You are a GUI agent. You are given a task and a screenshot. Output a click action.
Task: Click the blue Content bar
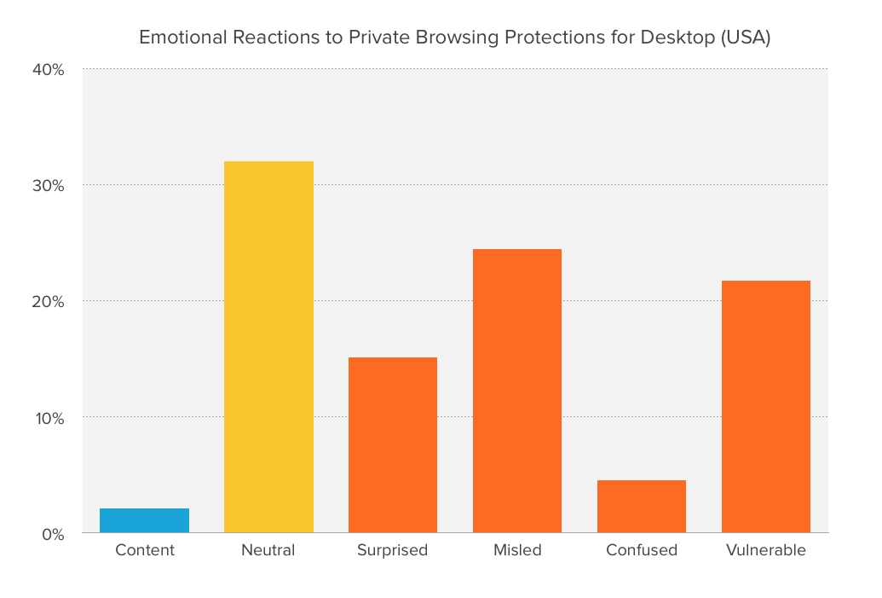144,520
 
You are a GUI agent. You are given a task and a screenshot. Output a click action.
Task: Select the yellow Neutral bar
268,347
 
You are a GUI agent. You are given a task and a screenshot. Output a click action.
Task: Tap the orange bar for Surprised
393,445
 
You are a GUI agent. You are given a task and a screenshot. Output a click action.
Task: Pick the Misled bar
517,391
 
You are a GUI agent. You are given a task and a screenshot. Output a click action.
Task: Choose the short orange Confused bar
642,507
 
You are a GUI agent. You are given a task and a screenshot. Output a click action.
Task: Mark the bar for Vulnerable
766,407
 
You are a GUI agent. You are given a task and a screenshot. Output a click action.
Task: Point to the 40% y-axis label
49,70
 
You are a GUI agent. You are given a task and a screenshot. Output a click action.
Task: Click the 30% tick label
49,186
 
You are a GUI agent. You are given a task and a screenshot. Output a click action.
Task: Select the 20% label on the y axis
49,302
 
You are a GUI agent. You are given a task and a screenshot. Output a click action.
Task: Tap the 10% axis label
49,418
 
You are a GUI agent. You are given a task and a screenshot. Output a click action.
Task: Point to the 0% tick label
52,534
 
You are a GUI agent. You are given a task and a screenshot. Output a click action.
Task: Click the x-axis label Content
145,550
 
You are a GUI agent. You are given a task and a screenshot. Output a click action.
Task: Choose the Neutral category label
268,550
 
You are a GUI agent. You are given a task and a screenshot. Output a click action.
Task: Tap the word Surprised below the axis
393,550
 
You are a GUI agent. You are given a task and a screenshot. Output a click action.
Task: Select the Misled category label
517,550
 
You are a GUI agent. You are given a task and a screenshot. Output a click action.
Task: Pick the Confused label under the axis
642,550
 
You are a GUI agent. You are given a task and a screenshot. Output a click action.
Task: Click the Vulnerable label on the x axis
766,550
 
